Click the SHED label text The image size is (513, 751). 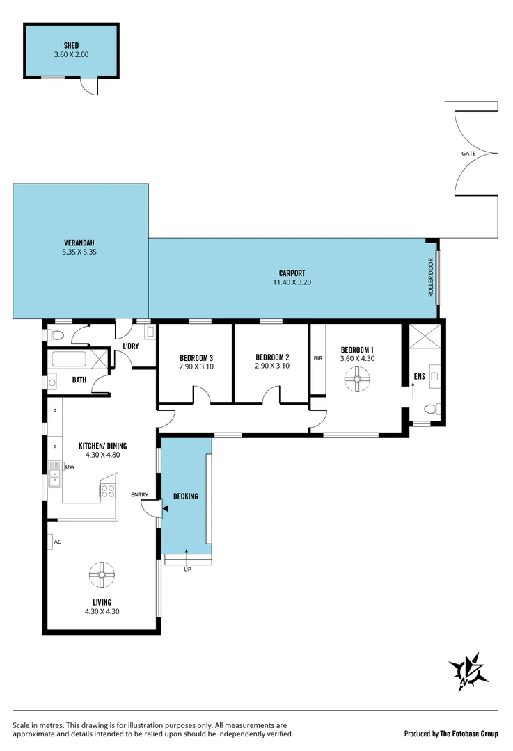[x=71, y=45]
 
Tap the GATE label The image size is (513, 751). [x=468, y=153]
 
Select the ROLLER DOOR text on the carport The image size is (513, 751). [x=431, y=278]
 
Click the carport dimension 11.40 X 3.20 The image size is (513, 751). [x=292, y=283]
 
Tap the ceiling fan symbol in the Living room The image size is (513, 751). [x=102, y=574]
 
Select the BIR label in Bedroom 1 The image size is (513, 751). [x=318, y=359]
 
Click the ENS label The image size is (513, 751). [x=419, y=377]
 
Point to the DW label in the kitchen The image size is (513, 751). [x=70, y=467]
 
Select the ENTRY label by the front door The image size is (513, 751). [x=140, y=495]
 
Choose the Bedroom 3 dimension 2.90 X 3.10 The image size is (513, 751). [x=196, y=366]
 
